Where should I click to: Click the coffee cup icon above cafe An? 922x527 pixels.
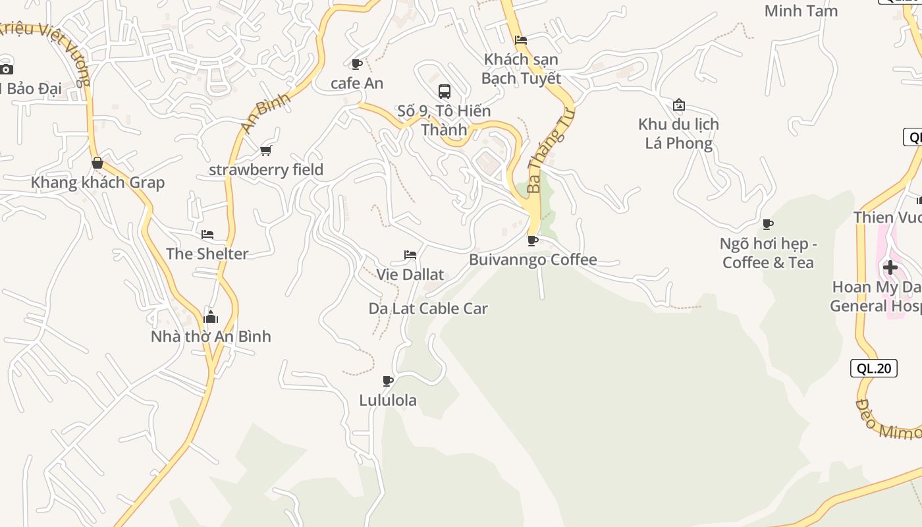pos(357,64)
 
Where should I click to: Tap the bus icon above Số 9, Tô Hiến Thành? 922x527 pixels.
pos(445,91)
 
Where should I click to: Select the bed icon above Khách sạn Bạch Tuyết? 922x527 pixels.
pos(521,40)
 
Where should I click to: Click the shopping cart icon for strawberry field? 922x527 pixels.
pos(266,150)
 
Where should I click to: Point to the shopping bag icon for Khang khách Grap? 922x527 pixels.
pos(97,163)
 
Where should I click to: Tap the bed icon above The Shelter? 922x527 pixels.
pos(207,235)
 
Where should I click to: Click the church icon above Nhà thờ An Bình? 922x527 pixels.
pos(211,317)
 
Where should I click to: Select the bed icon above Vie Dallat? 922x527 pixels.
pos(410,255)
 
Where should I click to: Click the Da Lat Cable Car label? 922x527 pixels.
pos(428,308)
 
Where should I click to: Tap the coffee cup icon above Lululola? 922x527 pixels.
pos(388,381)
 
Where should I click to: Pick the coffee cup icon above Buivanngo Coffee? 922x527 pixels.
pos(533,240)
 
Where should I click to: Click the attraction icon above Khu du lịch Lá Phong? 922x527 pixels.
pos(679,105)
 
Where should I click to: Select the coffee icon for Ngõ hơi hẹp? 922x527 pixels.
pos(768,225)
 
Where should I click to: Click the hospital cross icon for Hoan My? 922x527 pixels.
pos(890,267)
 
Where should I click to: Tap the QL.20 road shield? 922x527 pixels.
pos(874,368)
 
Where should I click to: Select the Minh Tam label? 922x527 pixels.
pos(801,11)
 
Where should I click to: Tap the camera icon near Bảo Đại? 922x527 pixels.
pos(6,69)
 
